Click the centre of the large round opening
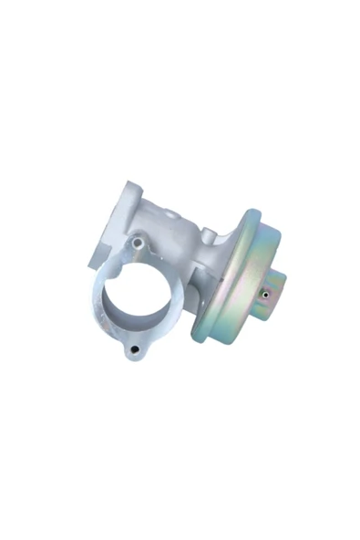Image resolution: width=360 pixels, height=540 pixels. (137, 297)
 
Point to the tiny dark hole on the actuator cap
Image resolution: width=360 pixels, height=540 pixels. (265, 294)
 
